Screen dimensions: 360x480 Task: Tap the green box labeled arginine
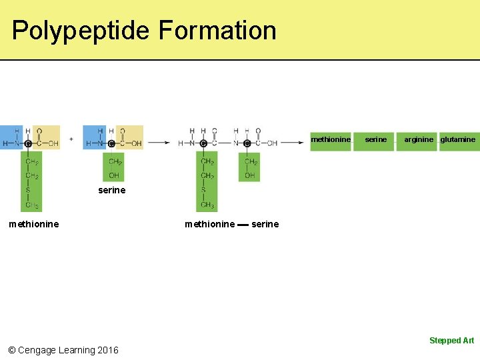pyautogui.click(x=417, y=141)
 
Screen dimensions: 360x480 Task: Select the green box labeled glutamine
pyautogui.click(x=459, y=141)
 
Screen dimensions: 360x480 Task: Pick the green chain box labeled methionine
pyautogui.click(x=331, y=141)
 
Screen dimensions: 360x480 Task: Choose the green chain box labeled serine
pyautogui.click(x=375, y=141)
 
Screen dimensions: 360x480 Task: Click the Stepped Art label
pyautogui.click(x=451, y=341)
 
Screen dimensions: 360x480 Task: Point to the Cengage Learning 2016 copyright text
pyautogui.click(x=63, y=350)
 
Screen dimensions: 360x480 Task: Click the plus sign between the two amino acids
pyautogui.click(x=71, y=139)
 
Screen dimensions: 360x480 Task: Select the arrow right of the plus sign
pyautogui.click(x=159, y=142)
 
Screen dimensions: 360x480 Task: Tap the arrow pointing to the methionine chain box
pyautogui.click(x=293, y=142)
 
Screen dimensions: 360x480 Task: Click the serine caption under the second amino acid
pyautogui.click(x=111, y=191)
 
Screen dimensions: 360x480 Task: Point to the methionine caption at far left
pyautogui.click(x=33, y=225)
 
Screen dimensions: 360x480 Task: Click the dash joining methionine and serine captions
pyautogui.click(x=243, y=225)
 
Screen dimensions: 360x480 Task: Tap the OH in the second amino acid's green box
pyautogui.click(x=114, y=175)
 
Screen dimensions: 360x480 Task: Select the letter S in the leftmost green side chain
pyautogui.click(x=28, y=191)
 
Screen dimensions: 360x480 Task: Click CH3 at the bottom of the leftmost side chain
pyautogui.click(x=31, y=205)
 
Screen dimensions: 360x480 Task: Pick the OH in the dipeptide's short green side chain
pyautogui.click(x=250, y=175)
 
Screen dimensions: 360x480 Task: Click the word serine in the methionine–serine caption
pyautogui.click(x=265, y=225)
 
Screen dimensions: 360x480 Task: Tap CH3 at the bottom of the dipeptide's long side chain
pyautogui.click(x=207, y=205)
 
